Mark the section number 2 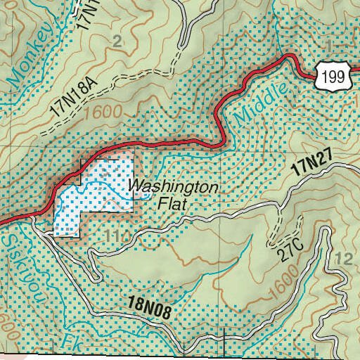[x=117, y=41]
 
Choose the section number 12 [x=345, y=259]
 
